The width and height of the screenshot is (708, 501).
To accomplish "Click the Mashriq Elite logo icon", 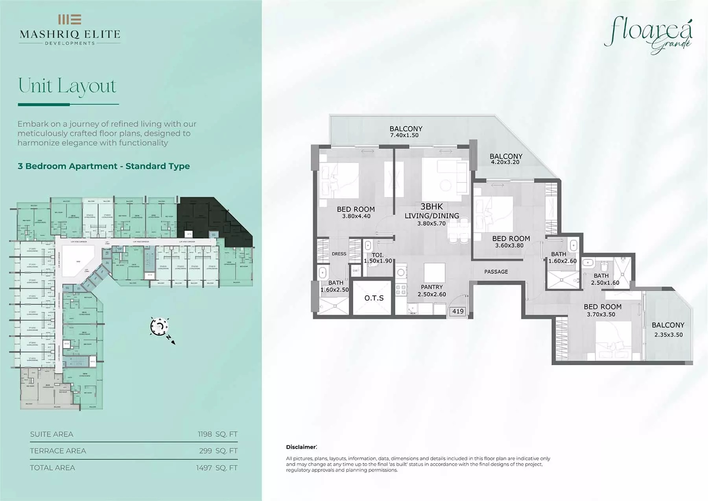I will pyautogui.click(x=70, y=19).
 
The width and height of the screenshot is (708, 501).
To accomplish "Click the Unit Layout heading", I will pyautogui.click(x=67, y=86).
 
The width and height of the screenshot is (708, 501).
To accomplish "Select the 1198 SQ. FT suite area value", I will pyautogui.click(x=218, y=434).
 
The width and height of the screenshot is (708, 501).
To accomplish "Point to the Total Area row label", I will pyautogui.click(x=52, y=468).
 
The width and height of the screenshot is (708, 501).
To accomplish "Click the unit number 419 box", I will pyautogui.click(x=458, y=311).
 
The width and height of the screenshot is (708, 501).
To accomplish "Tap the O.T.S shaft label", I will pyautogui.click(x=374, y=298).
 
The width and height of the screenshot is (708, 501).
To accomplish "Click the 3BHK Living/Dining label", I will pyautogui.click(x=431, y=215).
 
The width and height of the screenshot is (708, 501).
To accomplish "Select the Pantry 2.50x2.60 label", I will pyautogui.click(x=431, y=291).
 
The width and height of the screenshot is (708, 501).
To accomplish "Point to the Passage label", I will pyautogui.click(x=496, y=272).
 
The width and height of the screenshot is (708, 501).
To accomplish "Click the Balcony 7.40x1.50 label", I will pyautogui.click(x=406, y=132).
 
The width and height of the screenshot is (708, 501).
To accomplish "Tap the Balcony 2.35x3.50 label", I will pyautogui.click(x=668, y=329).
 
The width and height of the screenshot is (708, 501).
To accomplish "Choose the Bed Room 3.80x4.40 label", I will pyautogui.click(x=356, y=212).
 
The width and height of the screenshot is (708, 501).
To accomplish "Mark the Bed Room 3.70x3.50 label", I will pyautogui.click(x=602, y=310).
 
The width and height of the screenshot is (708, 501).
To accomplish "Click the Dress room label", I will pyautogui.click(x=339, y=254).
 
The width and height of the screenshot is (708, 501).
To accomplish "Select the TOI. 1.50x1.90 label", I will pyautogui.click(x=378, y=258).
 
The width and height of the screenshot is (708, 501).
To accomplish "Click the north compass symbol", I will pyautogui.click(x=160, y=326).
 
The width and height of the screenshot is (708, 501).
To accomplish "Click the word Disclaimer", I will pyautogui.click(x=301, y=447).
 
